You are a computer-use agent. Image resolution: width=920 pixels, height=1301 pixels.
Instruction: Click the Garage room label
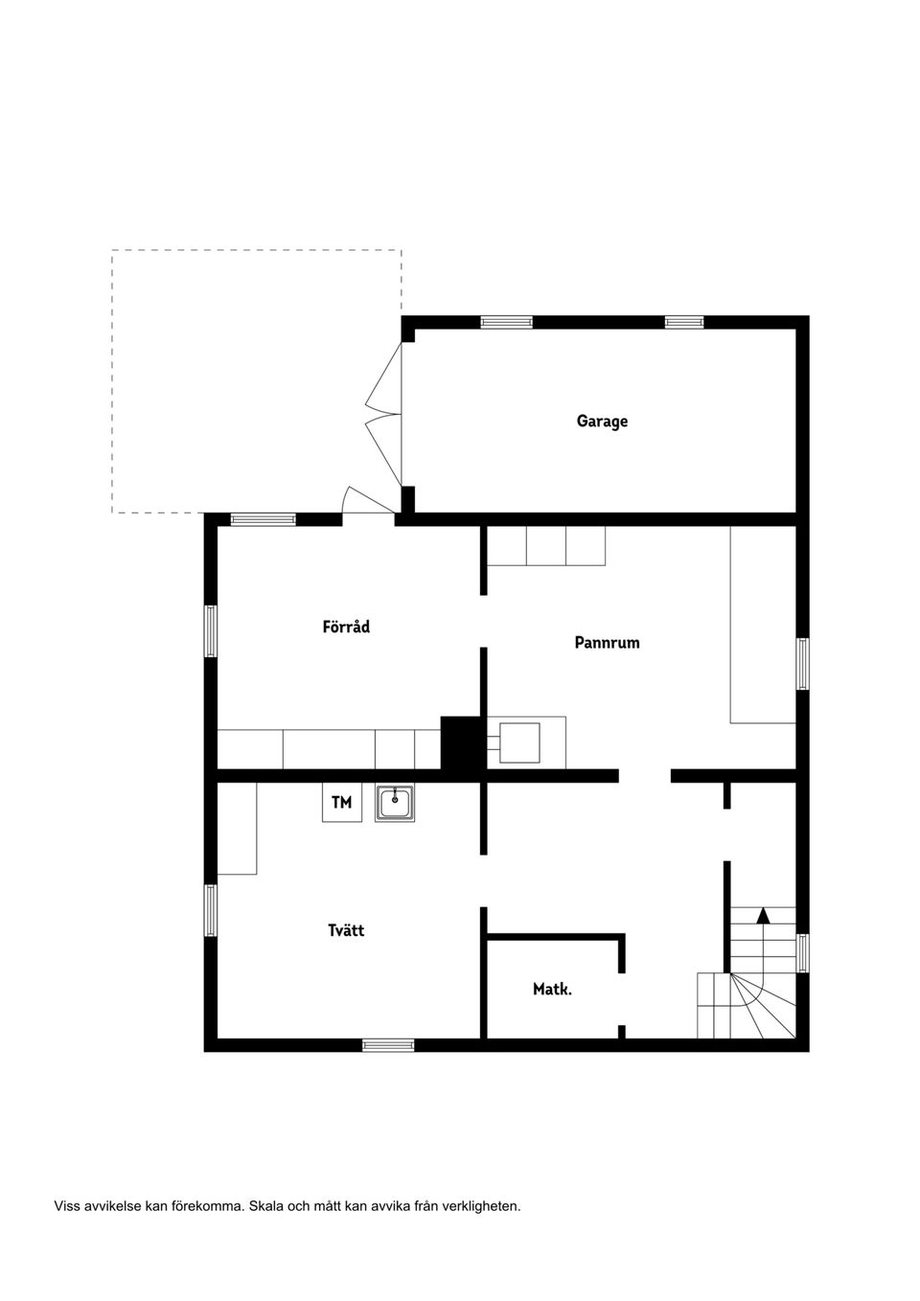coord(602,421)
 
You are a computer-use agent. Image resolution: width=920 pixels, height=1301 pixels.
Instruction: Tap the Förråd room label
coord(346,627)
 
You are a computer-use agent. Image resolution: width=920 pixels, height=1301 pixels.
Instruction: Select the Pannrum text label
coord(607,643)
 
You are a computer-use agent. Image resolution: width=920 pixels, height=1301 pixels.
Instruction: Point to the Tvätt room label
coord(346,930)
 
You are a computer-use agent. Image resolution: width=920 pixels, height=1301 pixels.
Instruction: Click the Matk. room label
coord(552,989)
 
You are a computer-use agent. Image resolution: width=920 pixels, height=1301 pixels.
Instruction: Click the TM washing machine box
coord(341,803)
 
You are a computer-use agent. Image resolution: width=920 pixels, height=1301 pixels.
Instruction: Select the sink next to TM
coord(395,803)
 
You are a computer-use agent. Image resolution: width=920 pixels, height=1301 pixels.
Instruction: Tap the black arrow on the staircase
coord(763,915)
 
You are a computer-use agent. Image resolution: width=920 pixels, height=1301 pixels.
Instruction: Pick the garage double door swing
coord(383,414)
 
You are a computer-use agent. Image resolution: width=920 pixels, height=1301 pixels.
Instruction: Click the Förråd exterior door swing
coord(364,502)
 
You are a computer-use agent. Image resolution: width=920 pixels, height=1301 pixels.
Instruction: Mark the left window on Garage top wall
coord(506,322)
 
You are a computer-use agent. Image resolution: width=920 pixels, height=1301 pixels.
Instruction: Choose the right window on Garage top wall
coord(684,322)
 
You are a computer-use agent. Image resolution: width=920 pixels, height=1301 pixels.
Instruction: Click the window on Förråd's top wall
coord(263,520)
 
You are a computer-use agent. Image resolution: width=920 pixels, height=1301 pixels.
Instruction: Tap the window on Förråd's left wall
coord(210,630)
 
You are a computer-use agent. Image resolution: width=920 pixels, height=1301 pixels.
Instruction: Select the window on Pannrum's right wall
coord(803,664)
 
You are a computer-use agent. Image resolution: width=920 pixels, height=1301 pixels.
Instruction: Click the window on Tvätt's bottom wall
coord(388,1045)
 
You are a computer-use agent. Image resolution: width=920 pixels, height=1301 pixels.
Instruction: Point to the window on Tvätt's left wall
coord(210,909)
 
